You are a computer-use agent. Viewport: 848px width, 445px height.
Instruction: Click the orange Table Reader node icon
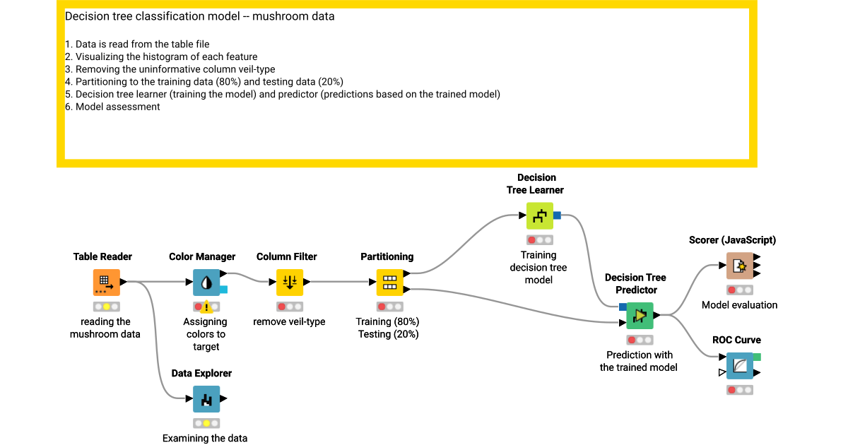(107, 282)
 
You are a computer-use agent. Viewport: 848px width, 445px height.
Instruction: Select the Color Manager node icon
(206, 282)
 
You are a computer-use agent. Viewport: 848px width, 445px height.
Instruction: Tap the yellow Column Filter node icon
(290, 282)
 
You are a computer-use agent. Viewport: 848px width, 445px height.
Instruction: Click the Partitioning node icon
(389, 282)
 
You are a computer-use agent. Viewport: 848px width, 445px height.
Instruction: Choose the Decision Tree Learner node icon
(539, 215)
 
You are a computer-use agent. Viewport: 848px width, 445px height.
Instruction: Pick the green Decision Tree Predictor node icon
(640, 315)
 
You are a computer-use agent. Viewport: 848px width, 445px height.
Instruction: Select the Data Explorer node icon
(206, 398)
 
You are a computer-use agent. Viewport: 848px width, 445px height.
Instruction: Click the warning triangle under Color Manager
(206, 307)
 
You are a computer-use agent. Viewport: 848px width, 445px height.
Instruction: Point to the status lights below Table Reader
(107, 307)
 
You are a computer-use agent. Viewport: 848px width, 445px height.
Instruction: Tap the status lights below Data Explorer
(206, 423)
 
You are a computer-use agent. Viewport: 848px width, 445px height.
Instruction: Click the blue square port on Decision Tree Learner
(557, 215)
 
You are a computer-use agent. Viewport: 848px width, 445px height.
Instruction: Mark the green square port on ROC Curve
(757, 357)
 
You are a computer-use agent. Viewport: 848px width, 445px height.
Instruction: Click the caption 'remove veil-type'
(289, 321)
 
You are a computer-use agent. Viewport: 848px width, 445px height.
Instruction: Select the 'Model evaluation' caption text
(739, 305)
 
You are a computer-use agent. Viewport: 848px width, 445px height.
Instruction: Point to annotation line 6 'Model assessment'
(117, 107)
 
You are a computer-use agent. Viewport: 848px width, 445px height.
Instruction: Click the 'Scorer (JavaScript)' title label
(732, 240)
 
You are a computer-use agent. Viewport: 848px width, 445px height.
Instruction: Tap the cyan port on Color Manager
(223, 290)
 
